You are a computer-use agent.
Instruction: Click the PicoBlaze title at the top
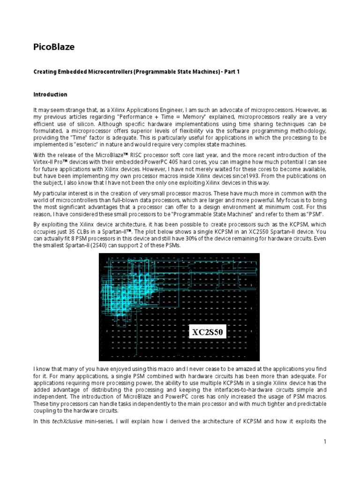click(54, 47)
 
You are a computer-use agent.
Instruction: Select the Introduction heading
click(50, 94)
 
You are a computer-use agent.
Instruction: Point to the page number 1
click(324, 442)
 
